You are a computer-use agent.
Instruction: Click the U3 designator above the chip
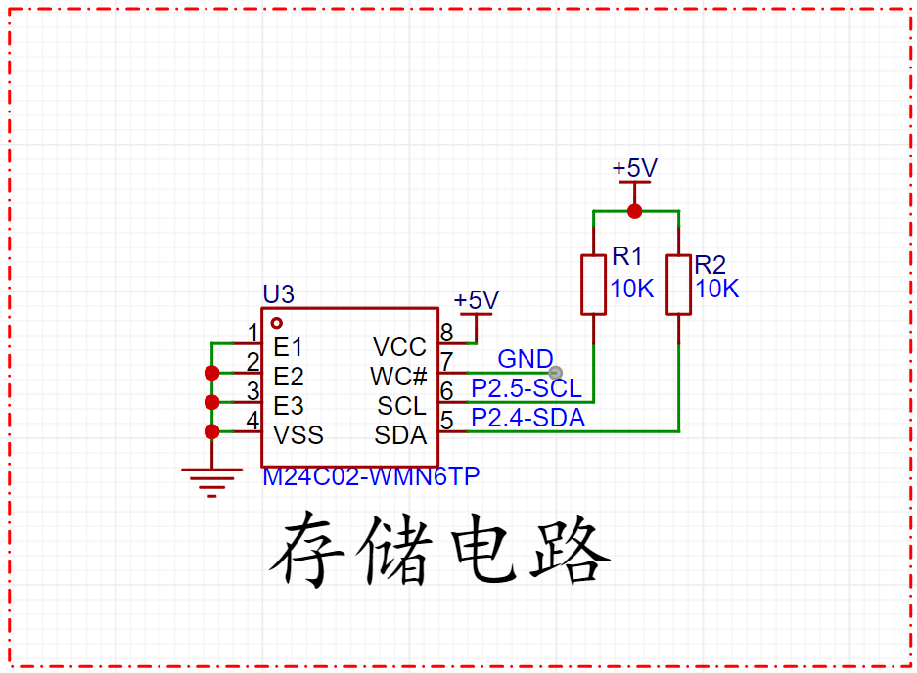[x=278, y=294]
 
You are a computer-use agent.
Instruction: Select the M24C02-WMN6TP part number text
[x=371, y=477]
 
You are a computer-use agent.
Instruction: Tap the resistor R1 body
[x=594, y=285]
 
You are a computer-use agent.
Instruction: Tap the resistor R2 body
[x=679, y=285]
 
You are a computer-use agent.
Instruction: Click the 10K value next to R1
[x=631, y=289]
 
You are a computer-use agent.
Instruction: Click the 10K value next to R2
[x=717, y=289]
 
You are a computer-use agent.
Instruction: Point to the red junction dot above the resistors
[x=634, y=211]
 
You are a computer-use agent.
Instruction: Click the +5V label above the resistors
[x=634, y=168]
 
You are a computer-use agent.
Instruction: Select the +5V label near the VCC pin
[x=476, y=300]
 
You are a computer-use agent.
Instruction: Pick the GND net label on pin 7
[x=526, y=359]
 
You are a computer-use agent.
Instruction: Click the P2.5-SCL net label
[x=527, y=388]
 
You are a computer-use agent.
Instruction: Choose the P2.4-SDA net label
[x=528, y=418]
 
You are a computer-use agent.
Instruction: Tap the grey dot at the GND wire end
[x=555, y=373]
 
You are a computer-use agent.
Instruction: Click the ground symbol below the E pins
[x=211, y=482]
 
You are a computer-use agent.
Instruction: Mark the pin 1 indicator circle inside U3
[x=277, y=323]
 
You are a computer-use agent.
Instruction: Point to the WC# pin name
[x=398, y=378]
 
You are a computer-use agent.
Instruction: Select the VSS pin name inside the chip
[x=298, y=435]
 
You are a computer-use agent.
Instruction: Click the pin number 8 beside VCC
[x=447, y=333]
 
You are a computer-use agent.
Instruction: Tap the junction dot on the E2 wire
[x=211, y=373]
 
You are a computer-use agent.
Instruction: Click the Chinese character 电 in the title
[x=483, y=549]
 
